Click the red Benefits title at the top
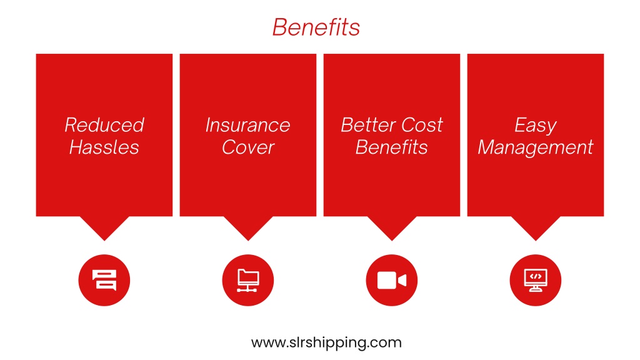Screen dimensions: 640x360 coord(316,27)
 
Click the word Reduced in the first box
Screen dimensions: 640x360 coord(104,125)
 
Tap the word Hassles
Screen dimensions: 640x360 coord(104,147)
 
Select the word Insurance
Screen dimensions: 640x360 coord(247,125)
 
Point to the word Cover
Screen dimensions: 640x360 coord(248,147)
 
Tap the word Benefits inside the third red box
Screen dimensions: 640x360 coord(391,147)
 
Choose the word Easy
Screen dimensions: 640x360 coord(536,125)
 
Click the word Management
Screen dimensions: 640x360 coord(536,147)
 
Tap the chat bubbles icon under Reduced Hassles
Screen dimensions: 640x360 coord(104,280)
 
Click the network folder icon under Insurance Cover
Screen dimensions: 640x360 coord(247,281)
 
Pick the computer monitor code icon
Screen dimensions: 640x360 coord(536,281)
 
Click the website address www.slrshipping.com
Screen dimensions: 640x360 coord(326,342)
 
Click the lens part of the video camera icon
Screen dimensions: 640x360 coord(402,281)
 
